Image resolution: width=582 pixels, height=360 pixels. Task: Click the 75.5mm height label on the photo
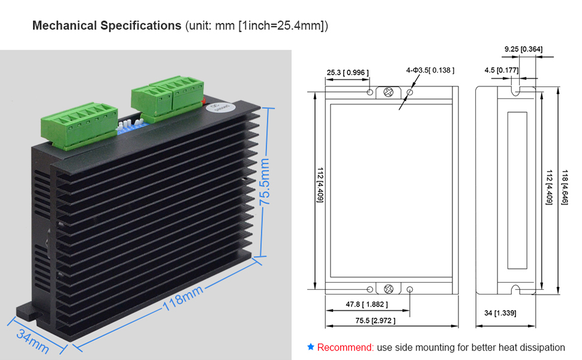(264, 180)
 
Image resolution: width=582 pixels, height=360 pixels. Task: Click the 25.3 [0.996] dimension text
(347, 73)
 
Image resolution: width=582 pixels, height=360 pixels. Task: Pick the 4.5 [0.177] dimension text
(501, 71)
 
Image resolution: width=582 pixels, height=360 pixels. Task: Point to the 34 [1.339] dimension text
(500, 313)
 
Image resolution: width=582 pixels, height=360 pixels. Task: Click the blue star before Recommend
(310, 347)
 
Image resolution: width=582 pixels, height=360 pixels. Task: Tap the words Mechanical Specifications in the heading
(107, 26)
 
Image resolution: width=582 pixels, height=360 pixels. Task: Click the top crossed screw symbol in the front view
(389, 92)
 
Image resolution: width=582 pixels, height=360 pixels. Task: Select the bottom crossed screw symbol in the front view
(389, 289)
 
